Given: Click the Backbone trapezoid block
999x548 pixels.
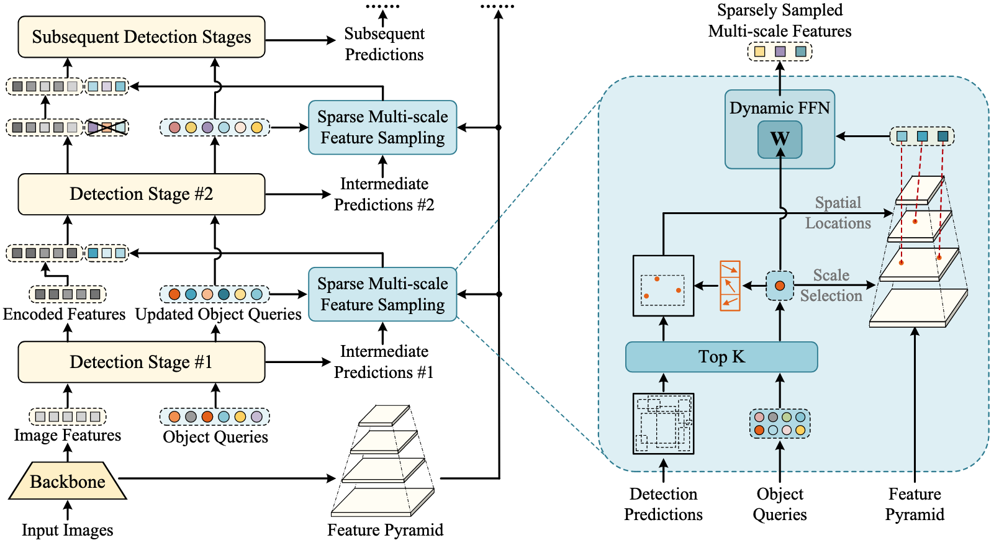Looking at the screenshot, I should point(68,482).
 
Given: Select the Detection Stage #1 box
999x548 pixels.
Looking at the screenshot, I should point(142,362).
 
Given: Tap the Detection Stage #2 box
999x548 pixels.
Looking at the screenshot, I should point(142,194).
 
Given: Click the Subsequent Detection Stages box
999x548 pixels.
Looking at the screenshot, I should point(142,37).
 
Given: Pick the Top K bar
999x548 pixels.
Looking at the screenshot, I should point(721,357).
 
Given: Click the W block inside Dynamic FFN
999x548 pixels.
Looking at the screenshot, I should point(780,139).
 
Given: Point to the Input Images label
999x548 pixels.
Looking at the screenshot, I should point(68,530).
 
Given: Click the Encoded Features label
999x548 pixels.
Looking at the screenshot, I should point(64,314).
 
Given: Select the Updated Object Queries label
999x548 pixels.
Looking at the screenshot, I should point(219,314).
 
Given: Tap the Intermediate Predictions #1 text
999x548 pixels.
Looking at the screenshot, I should point(384,362).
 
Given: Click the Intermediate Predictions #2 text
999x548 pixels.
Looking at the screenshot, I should point(384,194).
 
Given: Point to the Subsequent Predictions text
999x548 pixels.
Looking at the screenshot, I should point(384,44).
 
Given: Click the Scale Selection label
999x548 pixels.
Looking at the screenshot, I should point(831,285).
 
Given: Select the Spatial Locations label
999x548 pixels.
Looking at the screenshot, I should point(838,213).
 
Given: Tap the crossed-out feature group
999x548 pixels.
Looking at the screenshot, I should point(107,127).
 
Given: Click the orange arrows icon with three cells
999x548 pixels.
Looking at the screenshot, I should point(730,285).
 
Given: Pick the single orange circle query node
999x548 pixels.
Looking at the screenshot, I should point(780,285).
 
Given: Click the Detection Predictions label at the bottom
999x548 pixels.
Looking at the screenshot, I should point(664,504).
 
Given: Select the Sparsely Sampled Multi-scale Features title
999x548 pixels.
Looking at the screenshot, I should point(780,20).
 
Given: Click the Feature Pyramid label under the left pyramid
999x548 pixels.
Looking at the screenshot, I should point(386,530).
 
